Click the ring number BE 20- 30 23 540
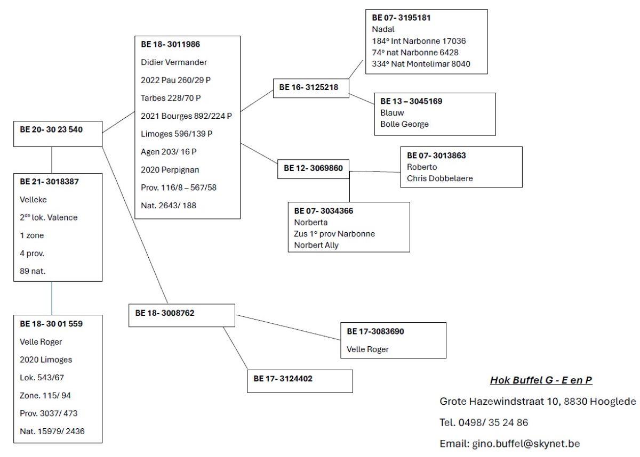click(51, 129)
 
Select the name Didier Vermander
click(174, 62)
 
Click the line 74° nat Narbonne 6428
click(415, 52)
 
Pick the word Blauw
click(392, 112)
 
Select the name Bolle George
click(404, 124)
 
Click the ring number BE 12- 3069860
click(313, 168)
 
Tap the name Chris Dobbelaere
click(439, 178)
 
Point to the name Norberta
click(310, 222)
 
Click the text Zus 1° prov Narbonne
click(334, 234)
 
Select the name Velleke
click(33, 199)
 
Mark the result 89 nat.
click(33, 271)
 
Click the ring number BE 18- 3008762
click(164, 313)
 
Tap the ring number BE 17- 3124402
click(283, 379)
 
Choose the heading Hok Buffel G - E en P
click(541, 380)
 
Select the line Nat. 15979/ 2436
click(52, 431)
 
